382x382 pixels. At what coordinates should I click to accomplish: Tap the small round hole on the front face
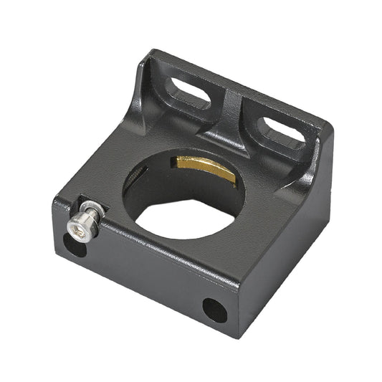[214, 310]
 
